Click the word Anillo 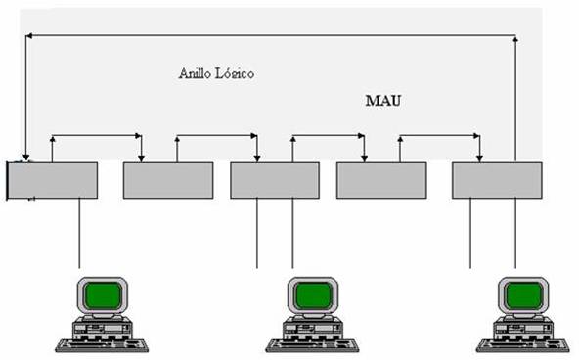pos(197,74)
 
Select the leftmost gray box pos(54,181)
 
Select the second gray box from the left pos(167,181)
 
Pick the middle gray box pos(274,181)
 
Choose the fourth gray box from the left pos(380,181)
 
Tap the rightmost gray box pos(496,181)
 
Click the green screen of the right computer pos(523,293)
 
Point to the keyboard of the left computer pos(101,343)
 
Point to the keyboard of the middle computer pos(311,343)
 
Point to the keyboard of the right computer pos(521,343)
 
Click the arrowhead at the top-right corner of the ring pos(516,40)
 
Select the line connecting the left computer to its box pos(79,233)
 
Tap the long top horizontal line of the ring pos(274,35)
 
